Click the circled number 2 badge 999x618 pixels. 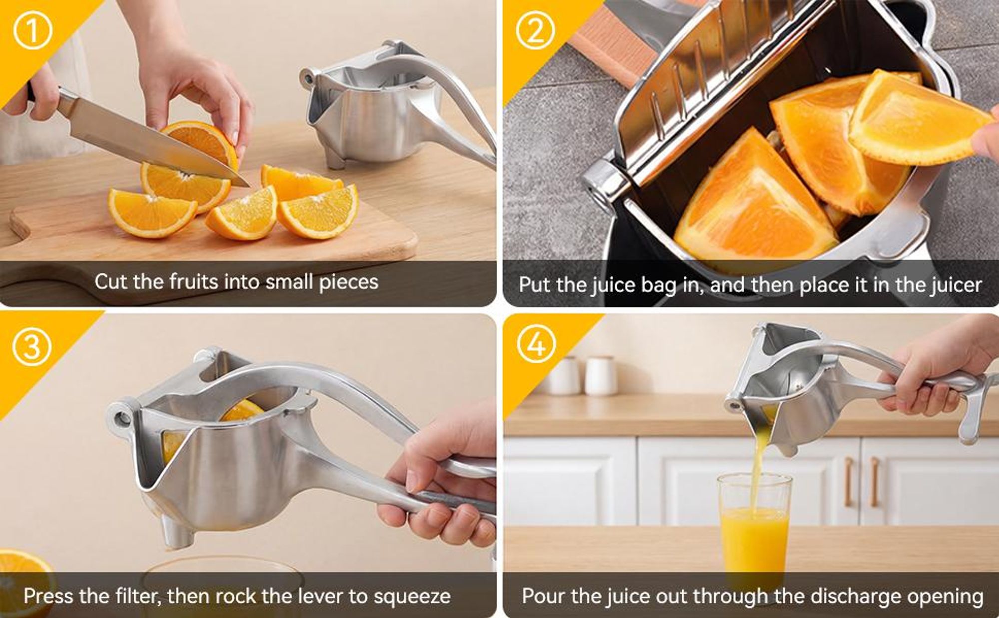(535, 30)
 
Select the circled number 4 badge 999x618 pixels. (536, 344)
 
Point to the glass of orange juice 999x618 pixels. (754, 530)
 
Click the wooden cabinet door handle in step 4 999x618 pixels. (848, 482)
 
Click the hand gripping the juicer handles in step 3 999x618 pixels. (440, 480)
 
